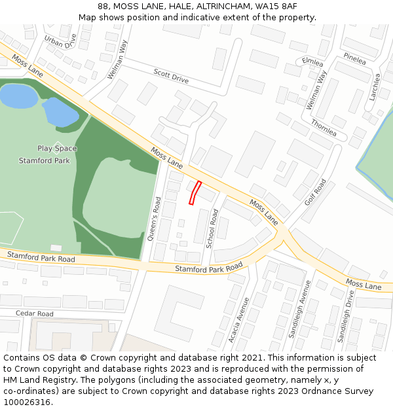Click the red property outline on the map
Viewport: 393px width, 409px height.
[195, 192]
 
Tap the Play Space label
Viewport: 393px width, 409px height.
[57, 149]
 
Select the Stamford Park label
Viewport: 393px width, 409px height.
[44, 160]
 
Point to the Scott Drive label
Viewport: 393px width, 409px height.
[171, 76]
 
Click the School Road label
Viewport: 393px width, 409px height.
[212, 229]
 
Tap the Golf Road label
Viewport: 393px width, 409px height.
[315, 192]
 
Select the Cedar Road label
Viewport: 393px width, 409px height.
[35, 314]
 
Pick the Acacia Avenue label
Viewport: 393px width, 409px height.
[240, 320]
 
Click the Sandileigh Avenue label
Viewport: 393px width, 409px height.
[301, 309]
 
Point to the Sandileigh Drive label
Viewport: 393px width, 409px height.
[345, 317]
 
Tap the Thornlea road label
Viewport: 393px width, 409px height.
[324, 127]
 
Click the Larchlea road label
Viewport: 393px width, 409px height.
[375, 86]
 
